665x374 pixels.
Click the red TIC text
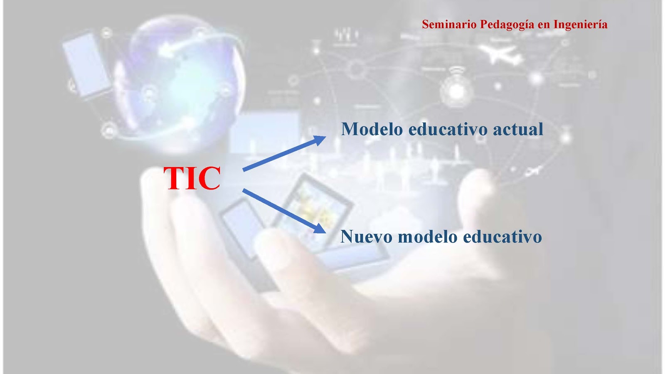coord(192,178)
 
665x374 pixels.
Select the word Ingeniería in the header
coord(580,25)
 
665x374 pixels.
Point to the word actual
coord(518,129)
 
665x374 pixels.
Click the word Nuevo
coord(366,236)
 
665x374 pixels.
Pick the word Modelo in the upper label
coord(372,129)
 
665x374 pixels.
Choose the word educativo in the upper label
coord(448,129)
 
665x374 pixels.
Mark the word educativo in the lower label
coord(502,236)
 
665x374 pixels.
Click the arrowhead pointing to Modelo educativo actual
coord(319,140)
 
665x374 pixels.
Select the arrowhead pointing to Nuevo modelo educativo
coord(320,229)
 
